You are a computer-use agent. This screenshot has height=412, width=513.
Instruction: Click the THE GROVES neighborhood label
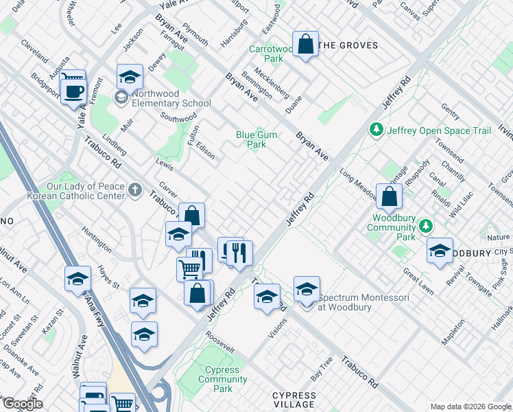[x=349, y=45]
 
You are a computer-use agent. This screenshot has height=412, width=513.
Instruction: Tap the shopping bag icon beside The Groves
[x=306, y=45]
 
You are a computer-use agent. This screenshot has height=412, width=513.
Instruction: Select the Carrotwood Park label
[x=265, y=54]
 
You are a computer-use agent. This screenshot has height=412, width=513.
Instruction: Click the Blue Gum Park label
[x=256, y=140]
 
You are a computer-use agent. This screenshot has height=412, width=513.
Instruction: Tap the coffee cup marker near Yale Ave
[x=73, y=91]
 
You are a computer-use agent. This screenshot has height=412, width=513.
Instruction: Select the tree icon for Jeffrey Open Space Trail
[x=376, y=129]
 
